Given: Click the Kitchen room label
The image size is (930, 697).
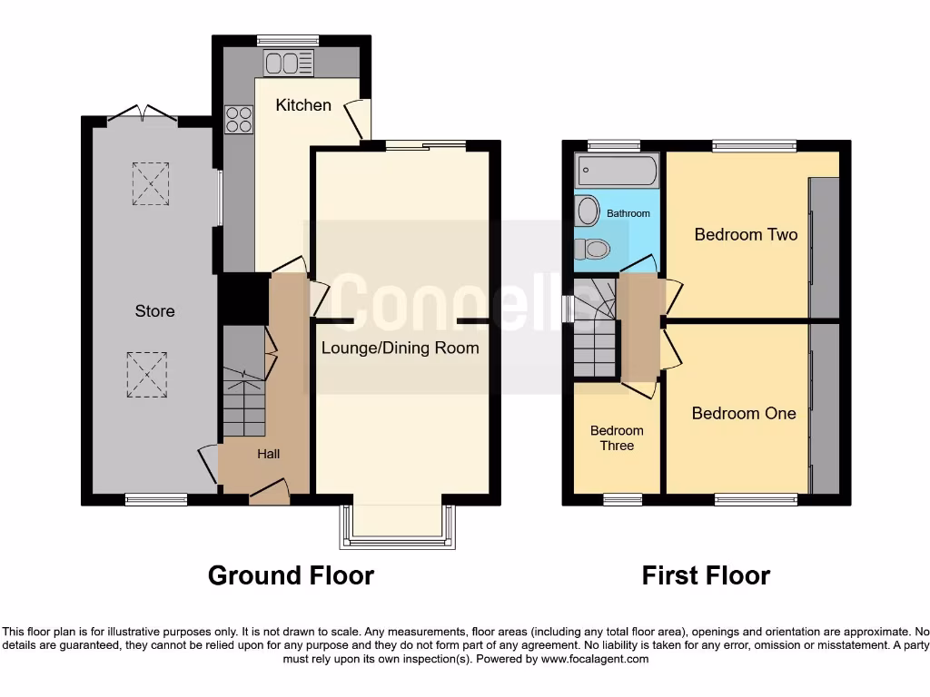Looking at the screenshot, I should pyautogui.click(x=303, y=105).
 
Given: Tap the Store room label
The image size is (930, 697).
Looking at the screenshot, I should pyautogui.click(x=154, y=311).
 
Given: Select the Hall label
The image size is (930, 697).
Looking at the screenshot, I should pyautogui.click(x=268, y=455).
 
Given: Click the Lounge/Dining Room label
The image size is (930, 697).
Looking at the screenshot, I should pyautogui.click(x=400, y=348).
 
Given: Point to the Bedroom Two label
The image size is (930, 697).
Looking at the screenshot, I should pyautogui.click(x=746, y=235).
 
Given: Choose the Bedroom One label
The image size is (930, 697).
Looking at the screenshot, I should pyautogui.click(x=744, y=414).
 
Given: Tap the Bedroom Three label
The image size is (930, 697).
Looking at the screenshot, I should pyautogui.click(x=617, y=438).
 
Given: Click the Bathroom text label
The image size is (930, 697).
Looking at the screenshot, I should pyautogui.click(x=628, y=214).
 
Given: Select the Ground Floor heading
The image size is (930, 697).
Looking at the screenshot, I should pyautogui.click(x=291, y=575).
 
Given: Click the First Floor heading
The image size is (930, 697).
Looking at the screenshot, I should pyautogui.click(x=706, y=575).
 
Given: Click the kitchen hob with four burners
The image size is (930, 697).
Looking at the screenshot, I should pyautogui.click(x=238, y=120).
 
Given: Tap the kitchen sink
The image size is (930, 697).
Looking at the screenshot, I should pyautogui.click(x=288, y=63).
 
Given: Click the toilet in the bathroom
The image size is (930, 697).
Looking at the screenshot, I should pyautogui.click(x=591, y=246).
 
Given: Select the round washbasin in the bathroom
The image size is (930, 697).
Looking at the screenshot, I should pyautogui.click(x=589, y=211).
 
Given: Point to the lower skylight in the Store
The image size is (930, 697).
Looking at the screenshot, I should pyautogui.click(x=148, y=373).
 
